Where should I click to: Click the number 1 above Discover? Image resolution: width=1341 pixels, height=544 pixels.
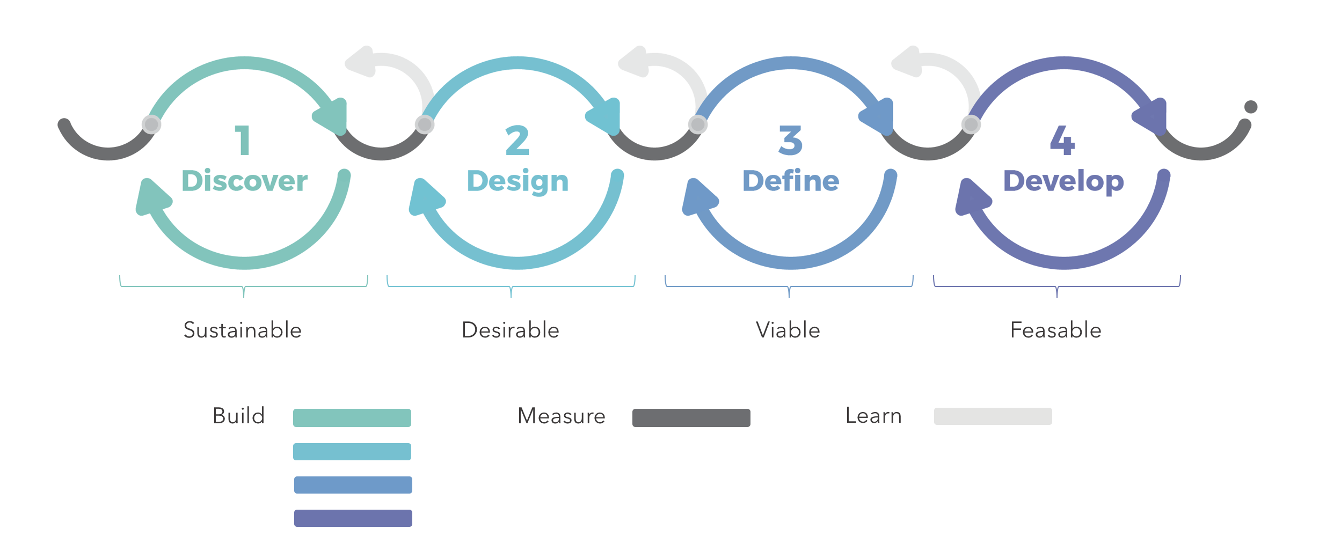(x=243, y=140)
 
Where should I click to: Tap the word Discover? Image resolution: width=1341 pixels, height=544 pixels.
(x=244, y=181)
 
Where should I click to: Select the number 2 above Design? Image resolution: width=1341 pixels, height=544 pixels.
(x=517, y=140)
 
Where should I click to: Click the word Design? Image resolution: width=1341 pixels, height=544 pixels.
(x=518, y=181)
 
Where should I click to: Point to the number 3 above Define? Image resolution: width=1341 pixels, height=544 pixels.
(x=790, y=140)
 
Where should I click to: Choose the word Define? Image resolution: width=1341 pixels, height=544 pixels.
(x=790, y=181)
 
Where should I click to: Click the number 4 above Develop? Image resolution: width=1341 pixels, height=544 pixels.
(x=1062, y=140)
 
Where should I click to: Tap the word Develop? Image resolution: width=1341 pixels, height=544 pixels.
(x=1063, y=181)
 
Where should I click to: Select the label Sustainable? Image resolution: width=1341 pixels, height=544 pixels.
(x=243, y=330)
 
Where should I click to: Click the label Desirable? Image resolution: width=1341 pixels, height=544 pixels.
(x=511, y=330)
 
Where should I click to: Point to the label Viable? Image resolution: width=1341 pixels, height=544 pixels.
(x=788, y=330)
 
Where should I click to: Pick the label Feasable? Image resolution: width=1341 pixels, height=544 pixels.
(x=1056, y=330)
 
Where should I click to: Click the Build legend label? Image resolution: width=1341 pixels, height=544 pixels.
(x=239, y=416)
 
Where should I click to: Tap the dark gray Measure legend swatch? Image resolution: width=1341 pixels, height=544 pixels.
(x=691, y=418)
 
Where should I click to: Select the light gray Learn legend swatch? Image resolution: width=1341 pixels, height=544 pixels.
(x=993, y=416)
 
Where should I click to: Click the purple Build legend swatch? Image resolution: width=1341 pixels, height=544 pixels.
(x=353, y=518)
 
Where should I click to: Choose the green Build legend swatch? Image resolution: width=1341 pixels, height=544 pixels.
(x=352, y=418)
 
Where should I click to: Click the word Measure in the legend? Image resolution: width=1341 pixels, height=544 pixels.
(x=562, y=416)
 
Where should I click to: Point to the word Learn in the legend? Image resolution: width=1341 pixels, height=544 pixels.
(x=873, y=416)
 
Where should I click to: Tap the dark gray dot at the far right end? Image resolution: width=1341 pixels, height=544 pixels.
(x=1251, y=107)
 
